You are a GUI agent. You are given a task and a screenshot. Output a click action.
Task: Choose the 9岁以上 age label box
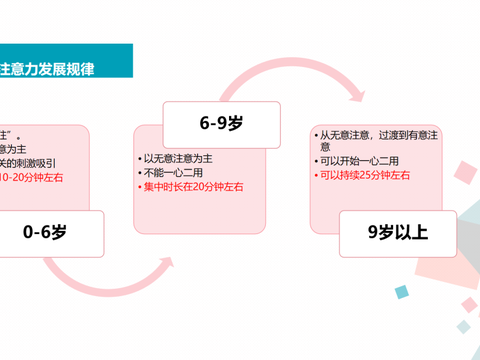pyautogui.click(x=396, y=233)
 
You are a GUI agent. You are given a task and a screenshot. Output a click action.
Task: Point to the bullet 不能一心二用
pyautogui.click(x=173, y=172)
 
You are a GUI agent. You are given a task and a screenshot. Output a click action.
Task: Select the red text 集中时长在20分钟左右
pyautogui.click(x=192, y=186)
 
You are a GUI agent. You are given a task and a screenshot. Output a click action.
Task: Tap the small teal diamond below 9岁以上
pyautogui.click(x=402, y=291)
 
